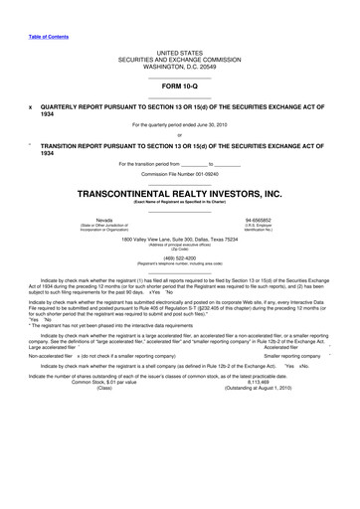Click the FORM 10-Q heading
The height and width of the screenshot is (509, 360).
[x=179, y=85]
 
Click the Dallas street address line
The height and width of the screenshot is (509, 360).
[x=179, y=238]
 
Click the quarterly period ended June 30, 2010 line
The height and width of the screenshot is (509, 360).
[x=179, y=124]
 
